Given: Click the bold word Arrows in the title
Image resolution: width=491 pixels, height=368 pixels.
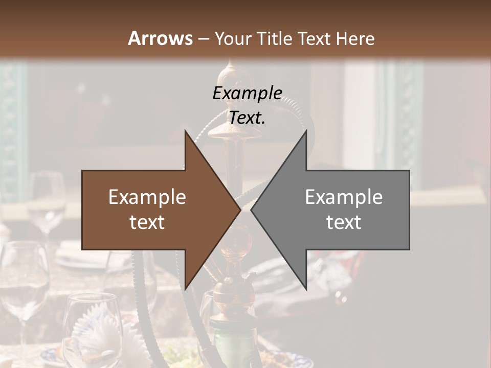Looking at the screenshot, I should click(161, 38).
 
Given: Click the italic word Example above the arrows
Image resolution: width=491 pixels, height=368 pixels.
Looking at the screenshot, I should click(247, 94).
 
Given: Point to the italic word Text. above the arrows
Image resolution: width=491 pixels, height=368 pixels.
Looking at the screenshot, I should click(247, 118).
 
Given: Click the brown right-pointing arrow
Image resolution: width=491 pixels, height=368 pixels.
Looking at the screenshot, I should click(153, 210).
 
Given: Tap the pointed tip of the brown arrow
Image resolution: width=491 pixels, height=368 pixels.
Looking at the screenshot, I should click(239, 210).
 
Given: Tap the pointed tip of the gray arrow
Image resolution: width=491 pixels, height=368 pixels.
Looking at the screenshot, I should click(252, 210).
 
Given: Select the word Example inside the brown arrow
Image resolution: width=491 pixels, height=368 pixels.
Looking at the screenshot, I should click(147, 197).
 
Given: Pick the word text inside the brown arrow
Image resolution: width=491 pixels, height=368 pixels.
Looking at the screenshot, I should click(147, 222).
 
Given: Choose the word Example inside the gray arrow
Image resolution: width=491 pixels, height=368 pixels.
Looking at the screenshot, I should click(344, 197).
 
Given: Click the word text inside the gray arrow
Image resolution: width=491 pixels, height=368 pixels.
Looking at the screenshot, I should click(344, 222).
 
